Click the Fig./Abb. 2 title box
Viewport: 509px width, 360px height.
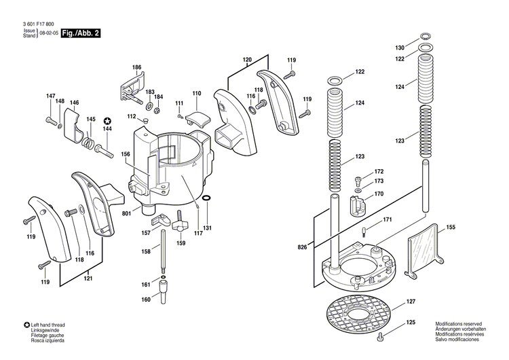click(80, 33)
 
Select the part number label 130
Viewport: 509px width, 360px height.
click(400, 48)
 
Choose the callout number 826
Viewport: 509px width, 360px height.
click(302, 246)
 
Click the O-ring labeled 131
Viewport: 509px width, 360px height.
click(207, 199)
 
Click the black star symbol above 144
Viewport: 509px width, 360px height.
click(107, 120)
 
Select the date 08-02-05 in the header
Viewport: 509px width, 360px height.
click(48, 33)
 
